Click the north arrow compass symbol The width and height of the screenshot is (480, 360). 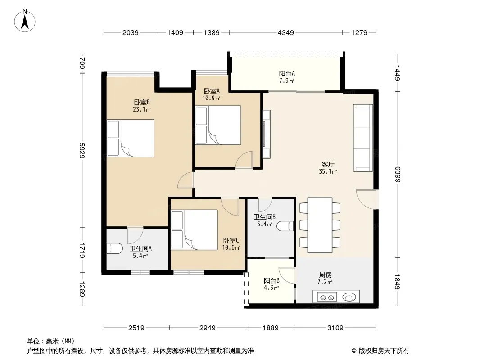(25, 21)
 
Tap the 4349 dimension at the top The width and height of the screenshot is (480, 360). (285, 32)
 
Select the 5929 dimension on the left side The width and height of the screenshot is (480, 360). (82, 150)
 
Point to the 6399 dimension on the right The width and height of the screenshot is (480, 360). (397, 174)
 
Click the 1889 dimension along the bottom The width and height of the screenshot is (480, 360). (271, 328)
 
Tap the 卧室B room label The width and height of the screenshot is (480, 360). (142, 102)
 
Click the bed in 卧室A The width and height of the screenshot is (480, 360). (218, 125)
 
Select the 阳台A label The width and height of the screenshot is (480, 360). (287, 73)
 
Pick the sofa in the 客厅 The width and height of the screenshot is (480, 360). (363, 138)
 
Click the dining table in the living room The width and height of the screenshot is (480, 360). (320, 225)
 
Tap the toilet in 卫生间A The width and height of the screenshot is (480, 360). (114, 248)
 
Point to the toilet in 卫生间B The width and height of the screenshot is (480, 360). (285, 226)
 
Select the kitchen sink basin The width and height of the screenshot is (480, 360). (349, 297)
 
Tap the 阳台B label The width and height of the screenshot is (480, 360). (272, 280)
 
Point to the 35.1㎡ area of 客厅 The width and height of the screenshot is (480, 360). (328, 171)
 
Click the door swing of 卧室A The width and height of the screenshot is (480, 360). (244, 159)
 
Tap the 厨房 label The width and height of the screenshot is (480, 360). (325, 274)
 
